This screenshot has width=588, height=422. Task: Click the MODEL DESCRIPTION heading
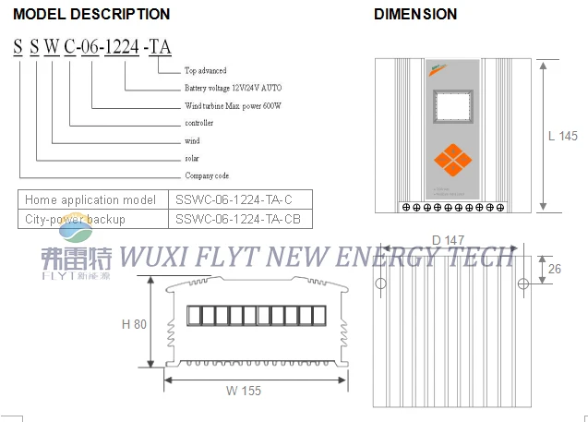point(91,14)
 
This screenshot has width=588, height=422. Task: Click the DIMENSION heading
point(414,14)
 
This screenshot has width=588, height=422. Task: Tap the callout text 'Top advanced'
point(205,71)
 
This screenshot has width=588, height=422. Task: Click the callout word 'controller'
point(199,124)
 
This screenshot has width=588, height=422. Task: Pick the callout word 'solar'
point(192,159)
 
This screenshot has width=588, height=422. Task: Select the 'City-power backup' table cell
point(75,219)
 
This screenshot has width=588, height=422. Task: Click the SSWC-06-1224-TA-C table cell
point(234,199)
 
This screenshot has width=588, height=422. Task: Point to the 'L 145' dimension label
point(562,136)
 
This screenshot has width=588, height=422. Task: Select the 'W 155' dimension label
point(244,391)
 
